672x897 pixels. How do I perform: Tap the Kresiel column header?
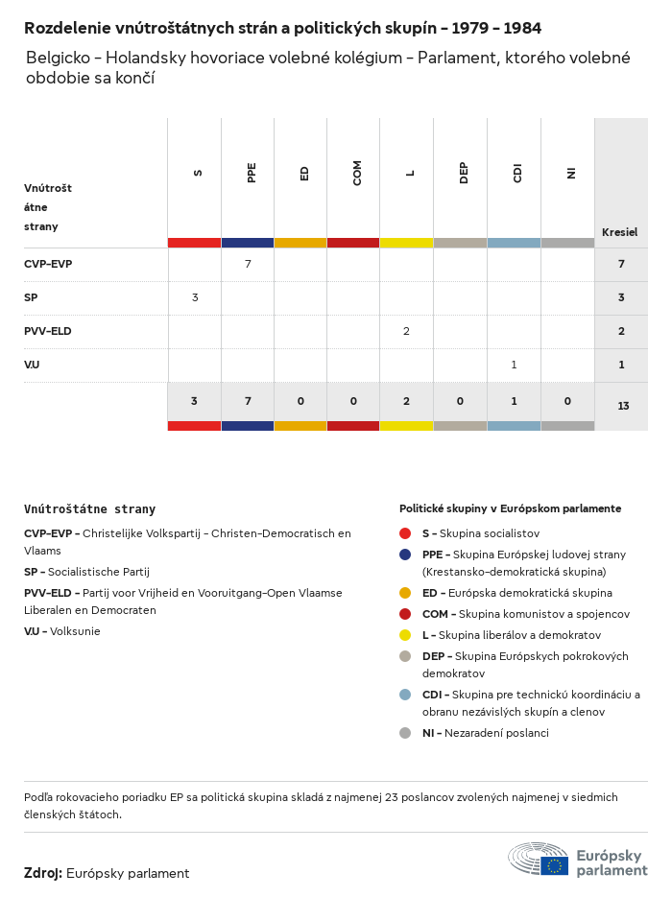[619, 232]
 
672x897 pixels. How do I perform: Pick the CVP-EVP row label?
[48, 264]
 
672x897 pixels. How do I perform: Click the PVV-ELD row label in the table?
[48, 331]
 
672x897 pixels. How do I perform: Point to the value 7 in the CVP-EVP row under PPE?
[248, 264]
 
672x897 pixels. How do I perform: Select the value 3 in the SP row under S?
[195, 297]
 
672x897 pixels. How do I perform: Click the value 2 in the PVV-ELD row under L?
[406, 331]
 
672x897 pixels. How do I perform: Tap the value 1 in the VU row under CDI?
[514, 365]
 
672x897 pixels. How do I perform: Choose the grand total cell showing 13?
[623, 406]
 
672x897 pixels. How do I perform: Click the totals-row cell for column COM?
[353, 400]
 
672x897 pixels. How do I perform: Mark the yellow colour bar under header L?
[406, 243]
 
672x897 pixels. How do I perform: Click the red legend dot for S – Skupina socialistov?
[405, 533]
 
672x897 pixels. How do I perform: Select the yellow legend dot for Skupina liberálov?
[405, 635]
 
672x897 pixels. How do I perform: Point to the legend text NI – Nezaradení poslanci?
[485, 733]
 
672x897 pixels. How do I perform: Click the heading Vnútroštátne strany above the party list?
[89, 509]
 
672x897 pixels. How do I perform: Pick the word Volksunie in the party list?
[76, 631]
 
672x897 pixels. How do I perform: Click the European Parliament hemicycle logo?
[539, 859]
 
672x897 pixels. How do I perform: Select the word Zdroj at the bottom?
[43, 873]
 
